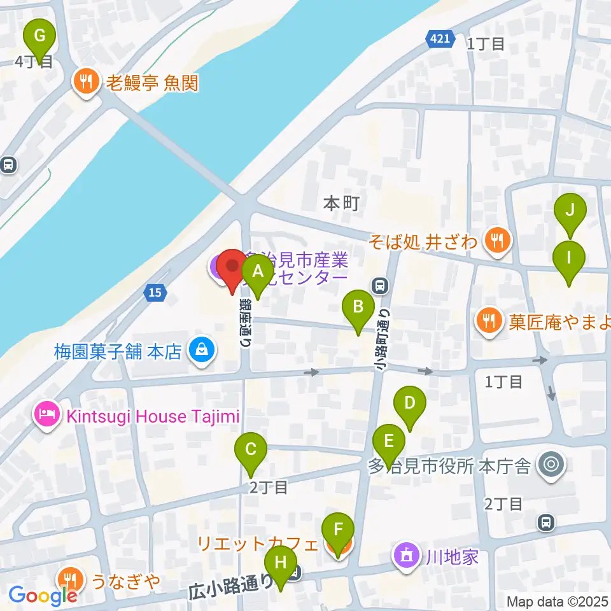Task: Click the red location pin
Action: [x=231, y=268]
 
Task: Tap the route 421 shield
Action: [x=440, y=39]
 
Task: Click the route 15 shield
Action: [x=155, y=293]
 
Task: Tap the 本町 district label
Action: [x=342, y=204]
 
